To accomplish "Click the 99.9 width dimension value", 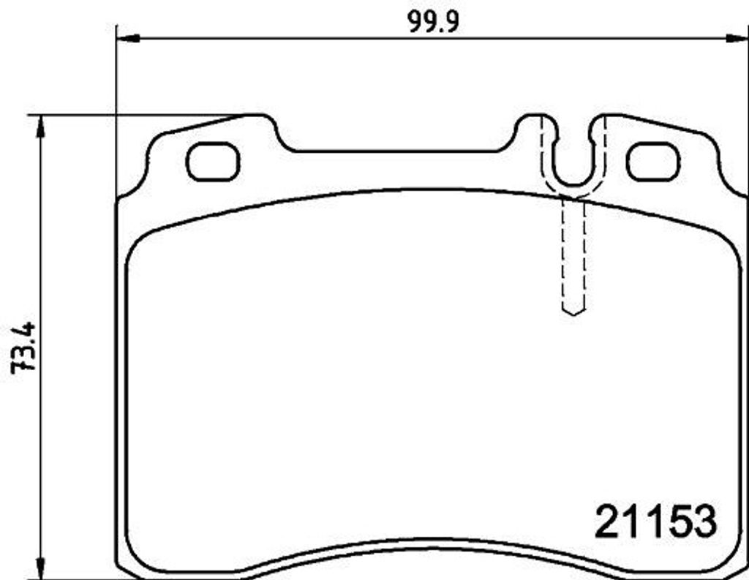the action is (x=433, y=21).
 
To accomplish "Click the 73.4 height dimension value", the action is (x=23, y=347).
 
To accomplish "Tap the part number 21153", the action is (x=656, y=521).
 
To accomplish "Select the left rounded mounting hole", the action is (x=213, y=162).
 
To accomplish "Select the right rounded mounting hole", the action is (x=653, y=162).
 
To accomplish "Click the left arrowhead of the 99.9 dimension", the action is (x=128, y=38).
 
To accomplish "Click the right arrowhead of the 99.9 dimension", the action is (x=737, y=38).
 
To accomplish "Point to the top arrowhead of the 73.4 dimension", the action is (x=41, y=127).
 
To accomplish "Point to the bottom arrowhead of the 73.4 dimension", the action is (x=41, y=568).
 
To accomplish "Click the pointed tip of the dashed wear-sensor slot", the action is (x=573, y=315).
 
